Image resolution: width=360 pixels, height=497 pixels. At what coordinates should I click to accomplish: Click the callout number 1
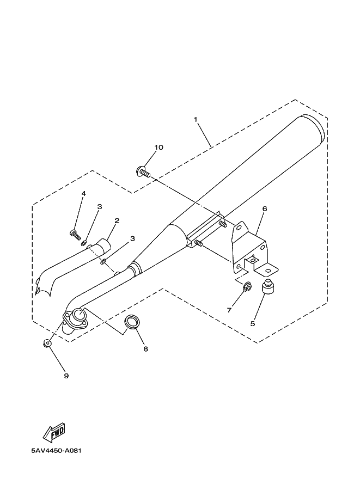coord(194,118)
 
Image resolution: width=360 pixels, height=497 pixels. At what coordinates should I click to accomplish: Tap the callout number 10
coord(158,148)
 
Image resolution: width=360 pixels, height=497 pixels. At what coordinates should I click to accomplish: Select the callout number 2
coord(117,221)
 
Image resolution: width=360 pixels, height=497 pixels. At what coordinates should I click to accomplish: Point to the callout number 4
coord(84,194)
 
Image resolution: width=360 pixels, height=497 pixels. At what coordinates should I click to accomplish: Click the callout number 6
coord(265,208)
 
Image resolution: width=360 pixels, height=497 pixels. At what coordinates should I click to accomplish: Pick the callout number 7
coord(229,310)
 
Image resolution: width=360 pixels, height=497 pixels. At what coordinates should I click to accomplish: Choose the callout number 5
coord(252,323)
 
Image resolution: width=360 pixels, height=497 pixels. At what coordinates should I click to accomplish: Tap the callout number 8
coord(145,349)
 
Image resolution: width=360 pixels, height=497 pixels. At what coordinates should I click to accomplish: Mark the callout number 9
coord(66,376)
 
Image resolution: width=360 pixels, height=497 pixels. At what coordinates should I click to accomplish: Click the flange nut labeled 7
coord(246,285)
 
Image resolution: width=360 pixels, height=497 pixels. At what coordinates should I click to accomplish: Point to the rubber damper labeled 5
coord(268,287)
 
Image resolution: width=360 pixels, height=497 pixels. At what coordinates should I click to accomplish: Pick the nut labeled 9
coord(47,343)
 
